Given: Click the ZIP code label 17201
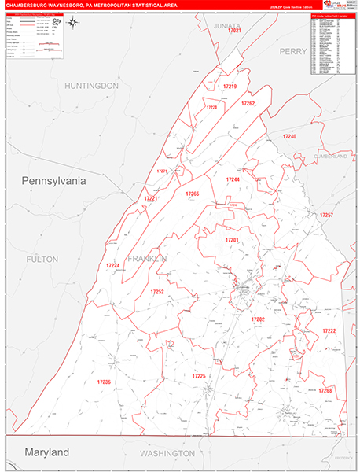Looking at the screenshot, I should [232, 240].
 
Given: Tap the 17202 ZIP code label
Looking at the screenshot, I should [258, 319].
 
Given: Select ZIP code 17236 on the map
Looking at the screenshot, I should [104, 382].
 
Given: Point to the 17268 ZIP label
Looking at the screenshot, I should [325, 390].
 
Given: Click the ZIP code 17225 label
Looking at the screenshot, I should [198, 377].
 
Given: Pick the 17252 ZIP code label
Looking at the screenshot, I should [156, 292].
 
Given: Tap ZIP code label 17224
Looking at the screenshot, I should [113, 266].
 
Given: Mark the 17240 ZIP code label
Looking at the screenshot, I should [290, 137].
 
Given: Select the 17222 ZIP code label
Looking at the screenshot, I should [329, 330].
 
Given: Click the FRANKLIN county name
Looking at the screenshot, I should [148, 259].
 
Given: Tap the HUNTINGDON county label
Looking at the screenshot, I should [92, 85].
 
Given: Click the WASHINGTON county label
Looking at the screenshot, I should [167, 454].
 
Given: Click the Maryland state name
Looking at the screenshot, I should [46, 452].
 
